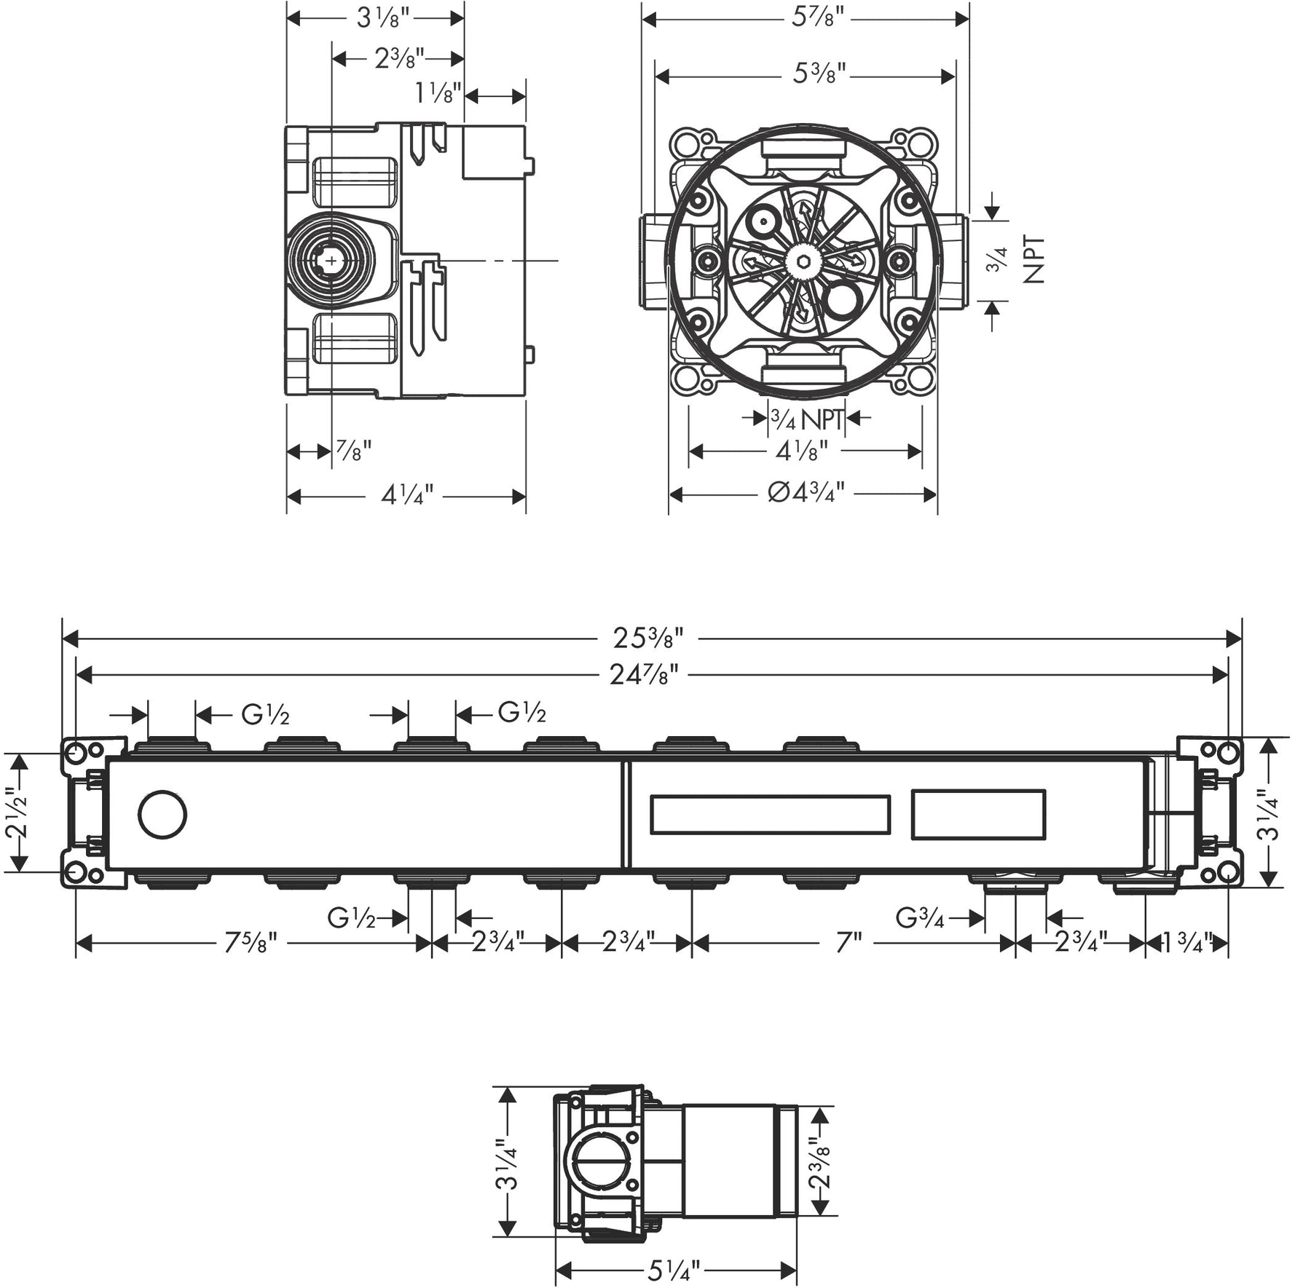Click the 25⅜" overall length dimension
[x=647, y=639]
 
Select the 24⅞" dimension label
[x=644, y=675]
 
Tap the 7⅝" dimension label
[x=251, y=944]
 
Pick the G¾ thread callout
[x=920, y=918]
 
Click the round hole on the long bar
[x=162, y=815]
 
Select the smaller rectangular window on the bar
[x=978, y=814]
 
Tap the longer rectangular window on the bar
[x=770, y=814]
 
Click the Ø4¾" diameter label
[x=806, y=494]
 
